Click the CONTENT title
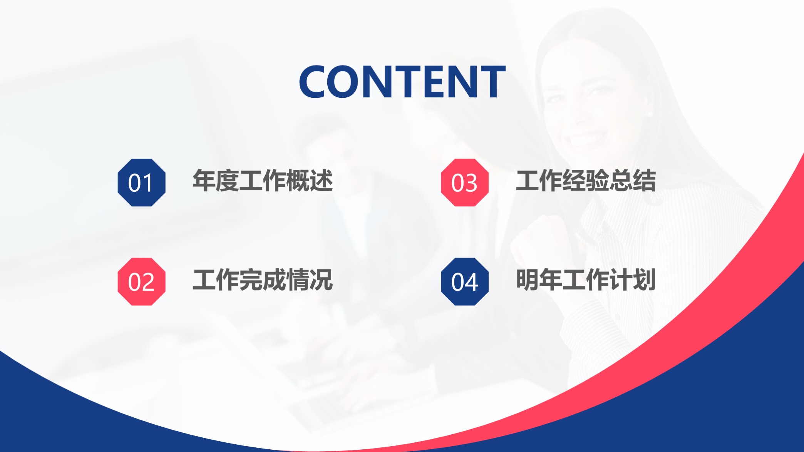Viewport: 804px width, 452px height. point(402,82)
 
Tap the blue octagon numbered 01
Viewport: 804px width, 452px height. point(141,182)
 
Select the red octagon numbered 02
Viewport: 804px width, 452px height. point(141,281)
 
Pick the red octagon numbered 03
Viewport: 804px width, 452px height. point(464,182)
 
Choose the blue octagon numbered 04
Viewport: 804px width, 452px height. point(464,281)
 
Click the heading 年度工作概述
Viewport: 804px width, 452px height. point(263,181)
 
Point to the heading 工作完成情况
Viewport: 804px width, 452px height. point(263,280)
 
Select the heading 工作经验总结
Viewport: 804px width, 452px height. point(586,181)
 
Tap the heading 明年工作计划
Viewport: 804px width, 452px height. point(586,280)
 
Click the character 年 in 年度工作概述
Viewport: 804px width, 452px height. point(204,181)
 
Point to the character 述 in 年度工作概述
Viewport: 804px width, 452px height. point(321,181)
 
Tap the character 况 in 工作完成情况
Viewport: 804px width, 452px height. point(321,280)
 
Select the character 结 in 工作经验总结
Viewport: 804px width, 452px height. point(644,181)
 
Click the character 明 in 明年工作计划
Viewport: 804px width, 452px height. point(527,280)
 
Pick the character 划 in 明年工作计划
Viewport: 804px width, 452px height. point(644,280)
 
